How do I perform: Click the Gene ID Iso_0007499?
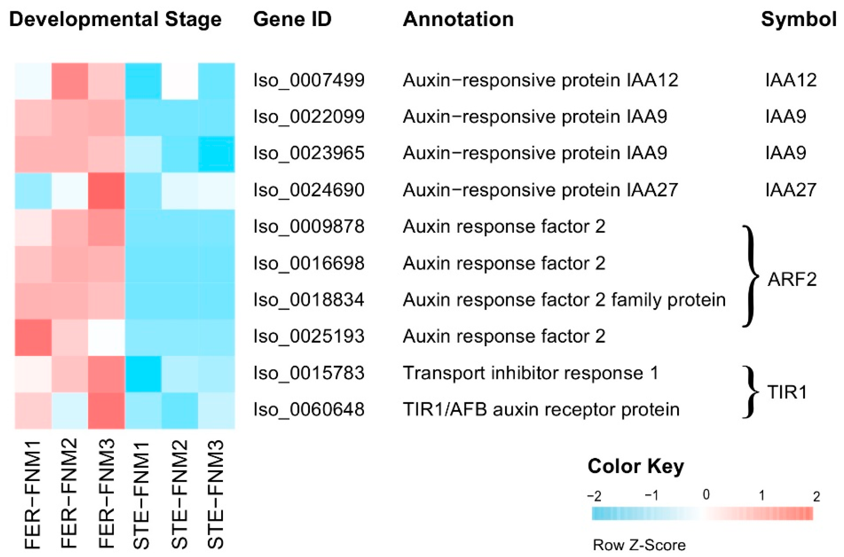tap(309, 80)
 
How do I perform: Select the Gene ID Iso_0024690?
tap(309, 190)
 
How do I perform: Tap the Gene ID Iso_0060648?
tap(309, 409)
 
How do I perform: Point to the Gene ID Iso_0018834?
tap(309, 300)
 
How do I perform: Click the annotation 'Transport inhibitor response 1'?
tap(530, 373)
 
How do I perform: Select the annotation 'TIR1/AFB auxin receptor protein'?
tap(541, 409)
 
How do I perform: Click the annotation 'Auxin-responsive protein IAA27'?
tap(540, 190)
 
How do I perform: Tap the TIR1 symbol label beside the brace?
tap(787, 393)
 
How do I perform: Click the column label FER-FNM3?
tap(107, 494)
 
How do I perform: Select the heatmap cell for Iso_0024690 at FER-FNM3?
tap(107, 191)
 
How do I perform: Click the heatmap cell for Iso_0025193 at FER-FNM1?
tap(33, 337)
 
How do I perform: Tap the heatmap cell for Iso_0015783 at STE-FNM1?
tap(143, 374)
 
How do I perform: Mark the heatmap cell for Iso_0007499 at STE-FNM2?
tap(180, 81)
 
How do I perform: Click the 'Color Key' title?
tap(635, 466)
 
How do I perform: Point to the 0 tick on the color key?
tap(706, 495)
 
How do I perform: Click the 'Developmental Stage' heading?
tap(115, 19)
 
